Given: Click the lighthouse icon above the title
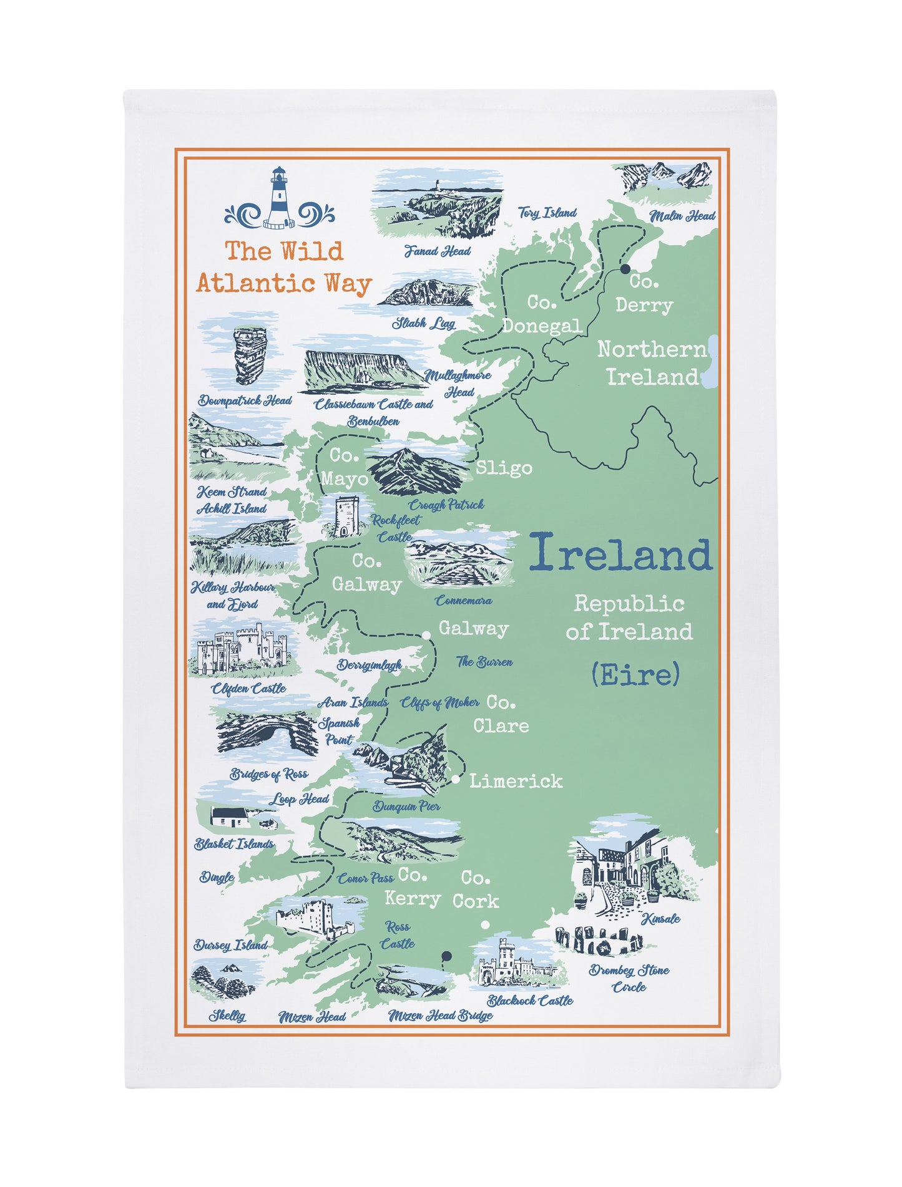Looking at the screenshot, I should tap(279, 198).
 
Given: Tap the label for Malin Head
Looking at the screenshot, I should tap(682, 216).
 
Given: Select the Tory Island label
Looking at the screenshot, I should tap(547, 213).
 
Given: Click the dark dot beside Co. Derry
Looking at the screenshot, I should tap(625, 269).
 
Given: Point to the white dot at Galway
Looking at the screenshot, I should tap(426, 635).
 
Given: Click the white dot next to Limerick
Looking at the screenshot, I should tap(456, 779).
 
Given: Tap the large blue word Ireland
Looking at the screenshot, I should tap(620, 553).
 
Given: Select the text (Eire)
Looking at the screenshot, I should tap(635, 674).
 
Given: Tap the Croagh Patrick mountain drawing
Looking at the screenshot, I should tap(415, 472).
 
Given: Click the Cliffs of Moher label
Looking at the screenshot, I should tap(440, 703).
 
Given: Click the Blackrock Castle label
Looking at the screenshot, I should tap(530, 1000).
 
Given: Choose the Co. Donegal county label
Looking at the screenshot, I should tap(542, 314).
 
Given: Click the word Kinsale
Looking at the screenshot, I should tap(661, 918).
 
